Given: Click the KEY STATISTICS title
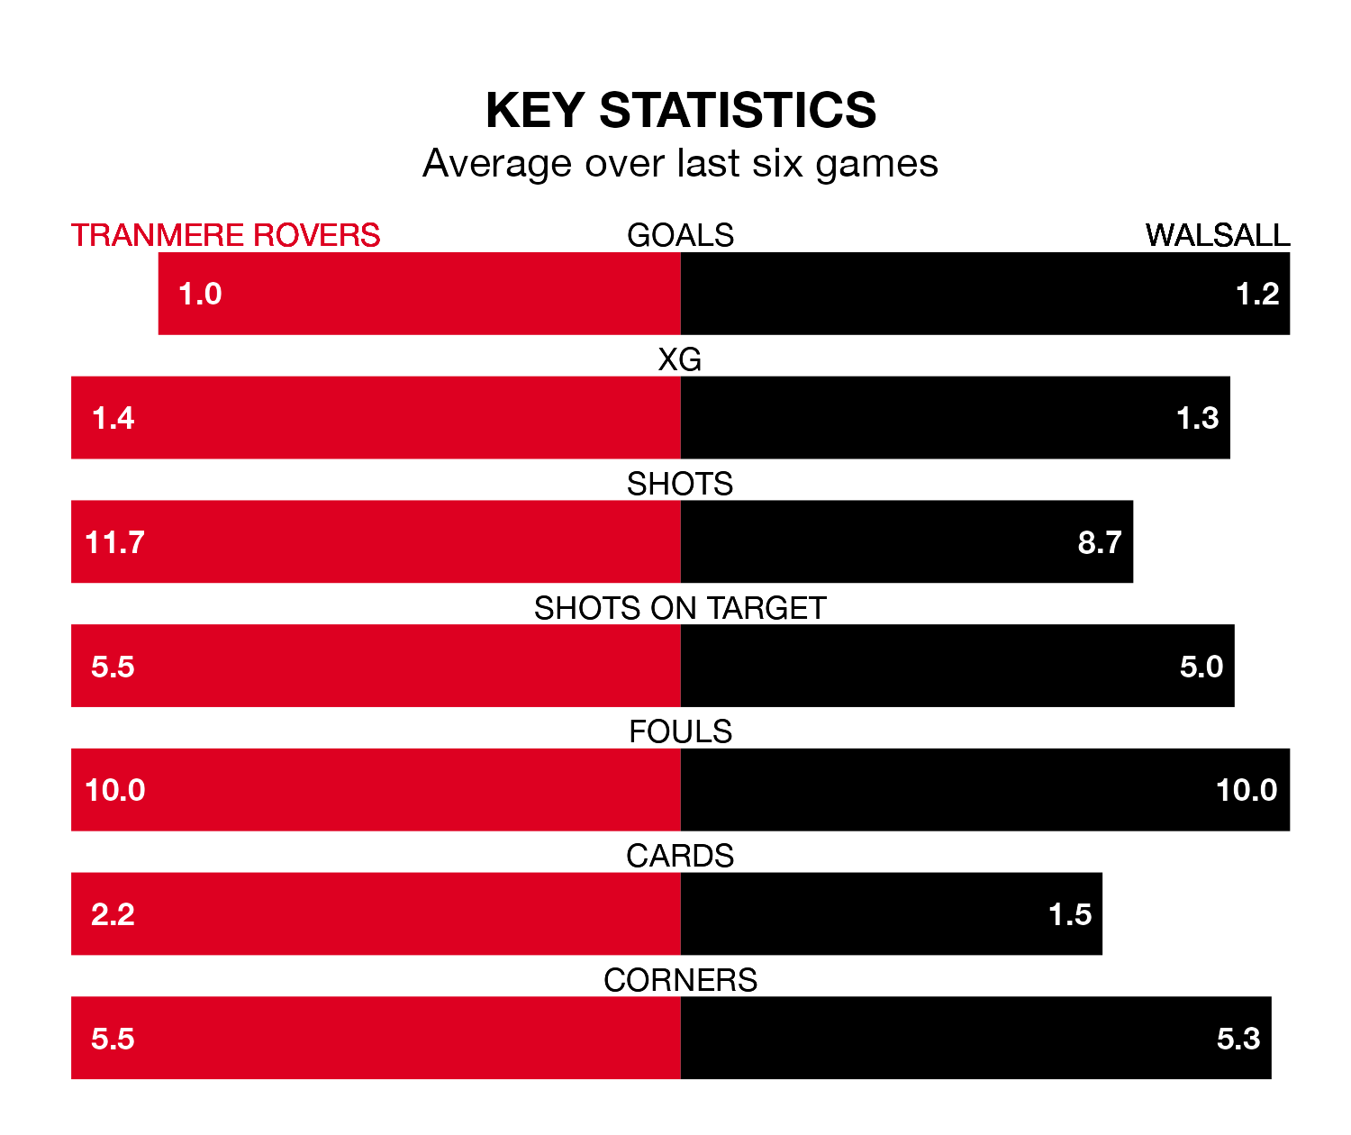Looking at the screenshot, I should point(680,110).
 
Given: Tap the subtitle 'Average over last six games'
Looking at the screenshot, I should point(680,164).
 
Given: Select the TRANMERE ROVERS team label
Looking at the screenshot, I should point(225,235).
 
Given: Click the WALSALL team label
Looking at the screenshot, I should point(1217,235).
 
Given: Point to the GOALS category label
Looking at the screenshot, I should point(680,235).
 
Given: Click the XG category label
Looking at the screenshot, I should point(680,359).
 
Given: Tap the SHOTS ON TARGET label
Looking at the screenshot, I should point(680,608).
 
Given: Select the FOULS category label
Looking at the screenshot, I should point(680,731).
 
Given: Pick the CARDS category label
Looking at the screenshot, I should point(680,856).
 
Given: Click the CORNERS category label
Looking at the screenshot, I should point(680,980).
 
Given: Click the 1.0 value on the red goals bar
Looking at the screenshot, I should point(200,294).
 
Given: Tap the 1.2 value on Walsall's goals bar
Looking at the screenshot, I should point(1257,294).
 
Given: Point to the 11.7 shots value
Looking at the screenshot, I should point(114,542).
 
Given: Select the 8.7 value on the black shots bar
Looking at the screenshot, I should point(1100,542).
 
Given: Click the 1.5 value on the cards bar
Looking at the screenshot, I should point(1070,914).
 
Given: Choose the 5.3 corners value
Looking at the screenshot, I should point(1238,1039).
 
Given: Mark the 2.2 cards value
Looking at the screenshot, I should point(113,914).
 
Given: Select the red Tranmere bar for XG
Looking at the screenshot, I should point(405,418).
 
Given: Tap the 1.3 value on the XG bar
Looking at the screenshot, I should point(1198,418).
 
